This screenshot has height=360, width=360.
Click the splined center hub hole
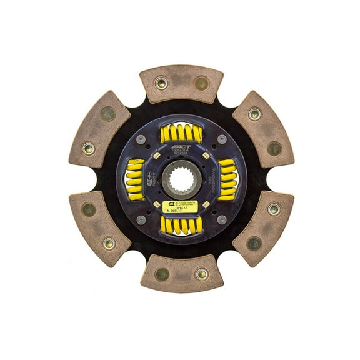point(181,179)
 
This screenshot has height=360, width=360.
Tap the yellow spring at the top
point(181,133)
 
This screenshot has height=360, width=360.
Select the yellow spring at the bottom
point(181,224)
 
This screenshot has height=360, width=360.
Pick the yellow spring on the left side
point(134,179)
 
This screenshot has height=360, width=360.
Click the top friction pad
point(181,83)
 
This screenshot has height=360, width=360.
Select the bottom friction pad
point(182,273)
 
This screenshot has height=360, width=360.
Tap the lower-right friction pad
point(263,226)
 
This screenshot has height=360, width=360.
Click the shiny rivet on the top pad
point(161,82)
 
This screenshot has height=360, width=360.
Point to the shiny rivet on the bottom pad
point(202,274)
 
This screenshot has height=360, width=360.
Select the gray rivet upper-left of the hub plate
point(141,139)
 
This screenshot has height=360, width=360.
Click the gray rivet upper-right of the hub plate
point(222,139)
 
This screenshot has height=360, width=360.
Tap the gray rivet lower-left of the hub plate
point(141,219)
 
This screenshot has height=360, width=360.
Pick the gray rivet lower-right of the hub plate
point(222,219)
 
